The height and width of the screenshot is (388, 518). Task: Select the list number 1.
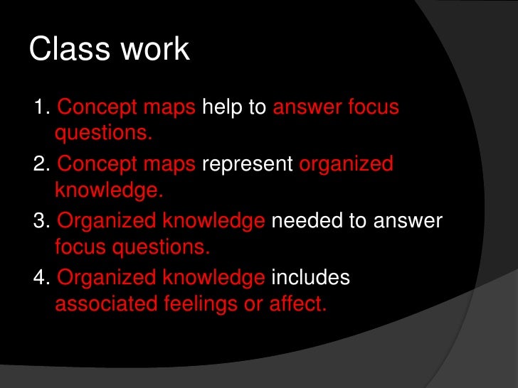click(x=41, y=108)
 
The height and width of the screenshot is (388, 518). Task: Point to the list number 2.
click(x=41, y=164)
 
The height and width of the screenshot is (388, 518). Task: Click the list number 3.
click(x=41, y=221)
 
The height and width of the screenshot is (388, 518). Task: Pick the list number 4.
click(x=41, y=278)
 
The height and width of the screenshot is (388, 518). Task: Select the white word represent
click(x=248, y=164)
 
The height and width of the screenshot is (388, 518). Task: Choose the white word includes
click(x=311, y=278)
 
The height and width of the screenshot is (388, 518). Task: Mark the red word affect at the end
click(x=297, y=304)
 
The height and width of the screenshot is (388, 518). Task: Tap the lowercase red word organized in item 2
click(x=347, y=164)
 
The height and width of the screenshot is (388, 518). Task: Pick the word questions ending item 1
click(x=104, y=134)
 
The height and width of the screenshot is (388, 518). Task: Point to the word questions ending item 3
click(x=163, y=247)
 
